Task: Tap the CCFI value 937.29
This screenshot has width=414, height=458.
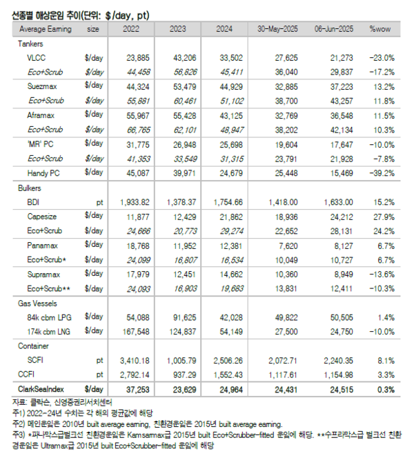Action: (x=181, y=375)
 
